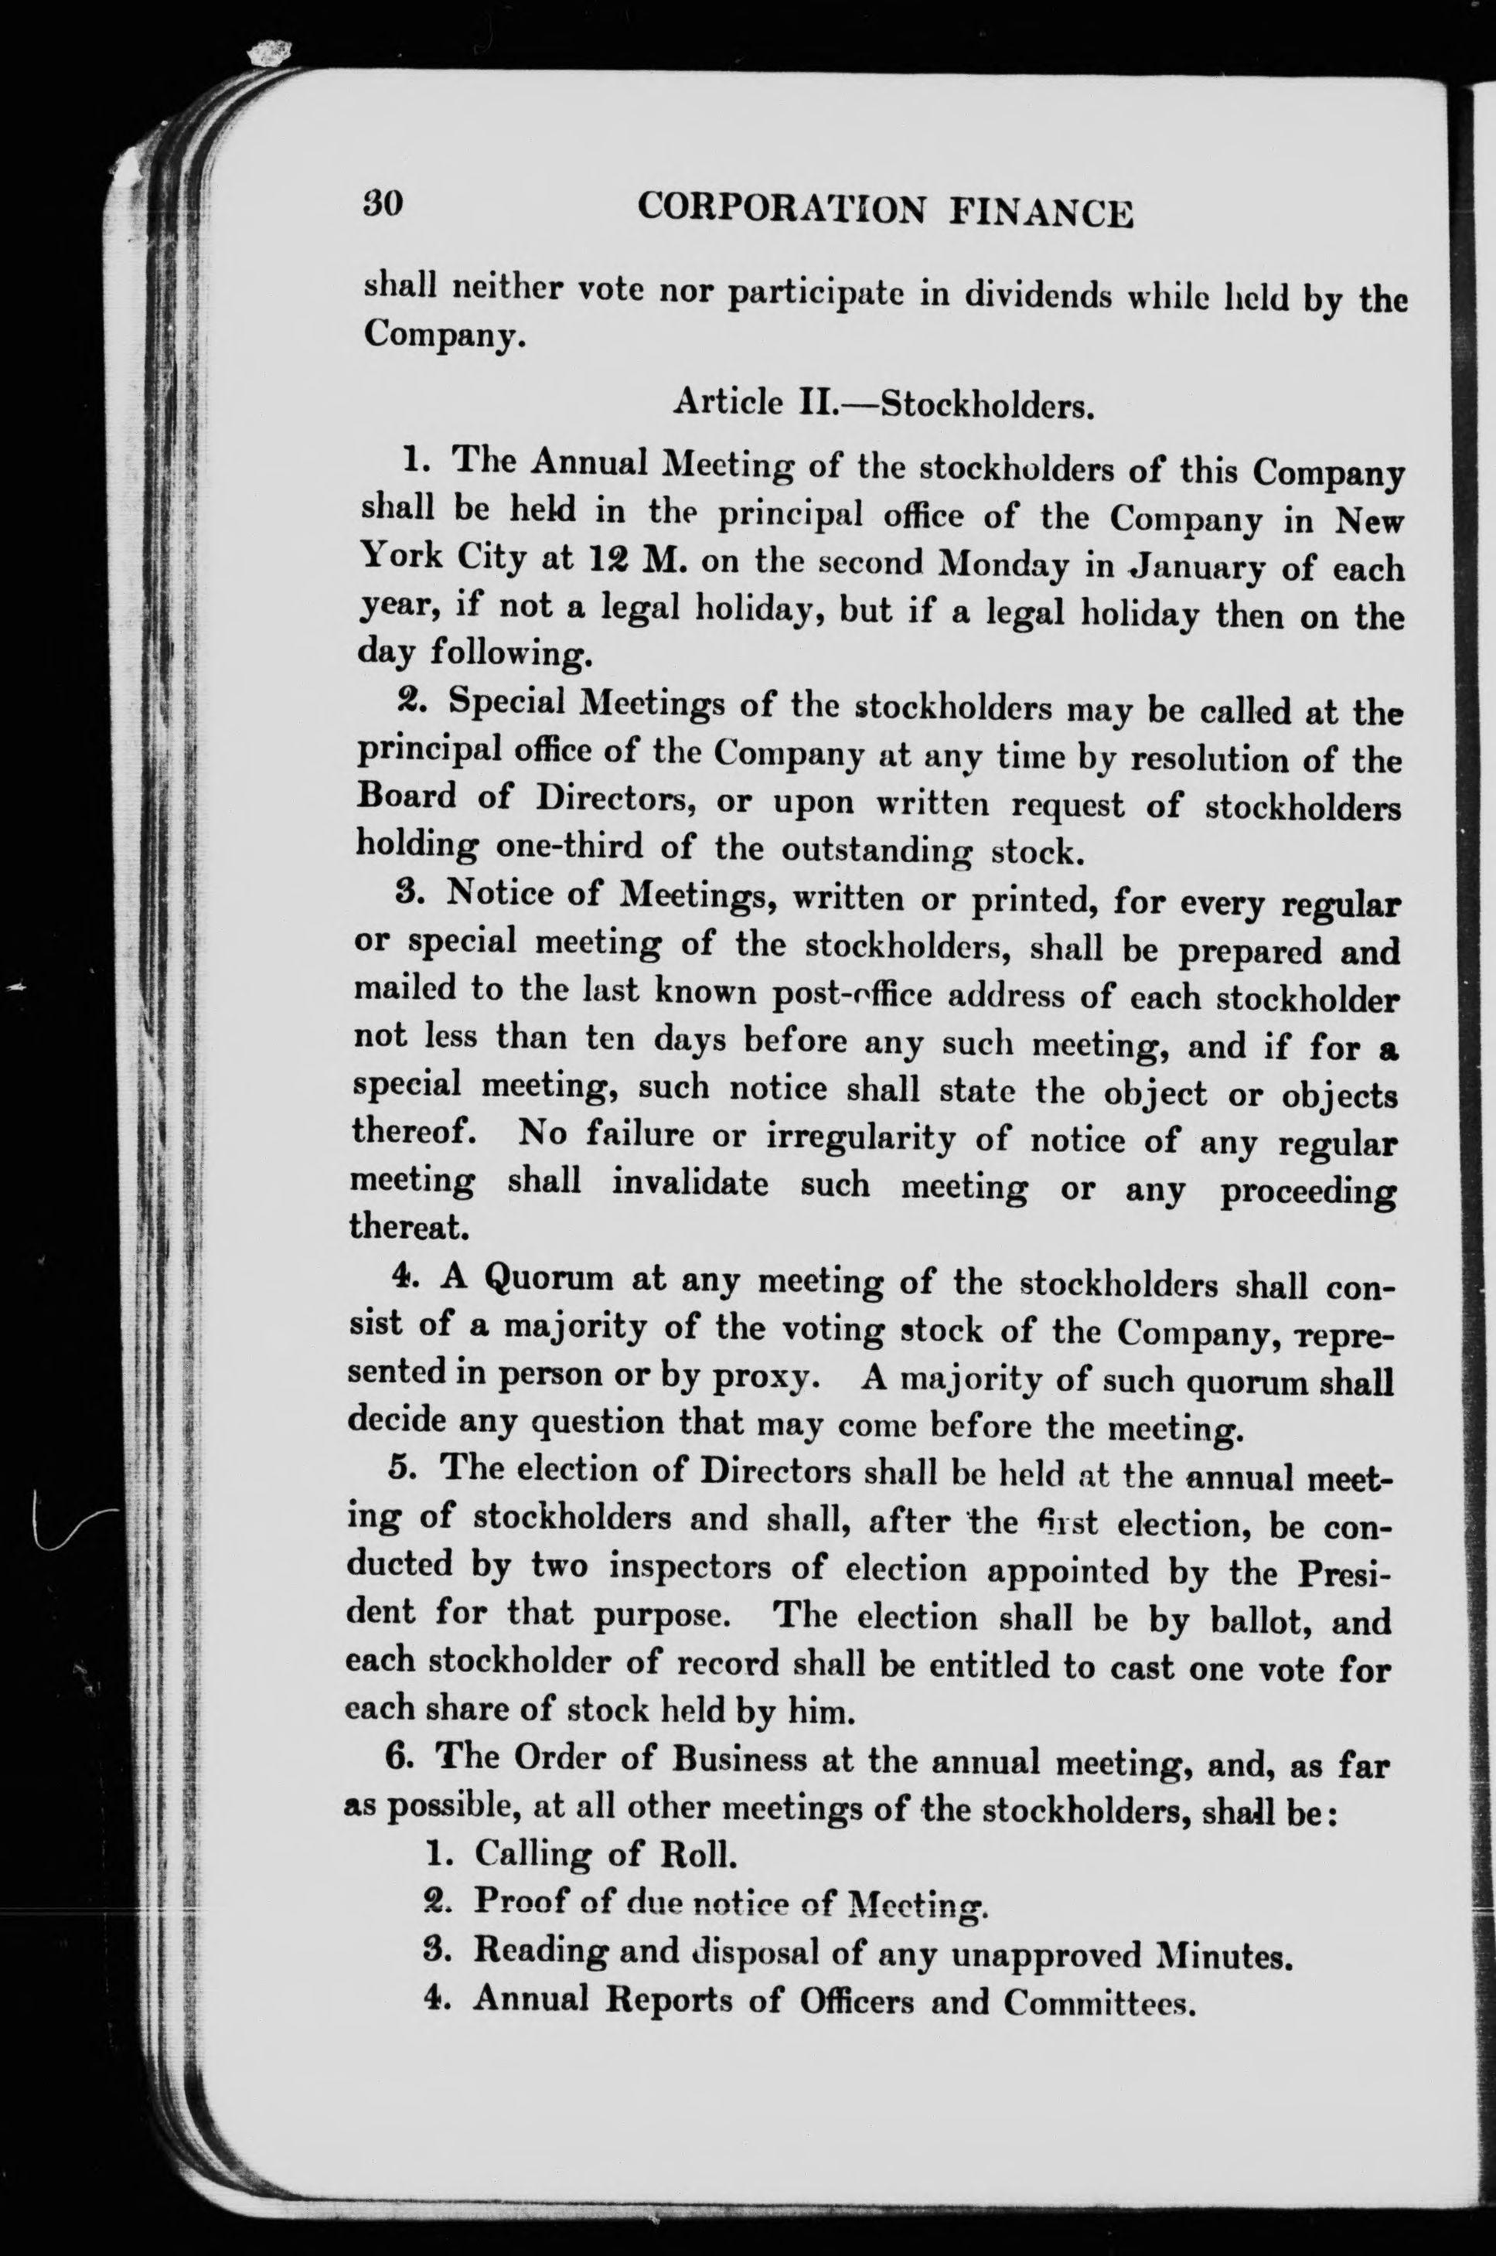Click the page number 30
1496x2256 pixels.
point(383,203)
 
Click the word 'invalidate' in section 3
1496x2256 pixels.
point(690,1183)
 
